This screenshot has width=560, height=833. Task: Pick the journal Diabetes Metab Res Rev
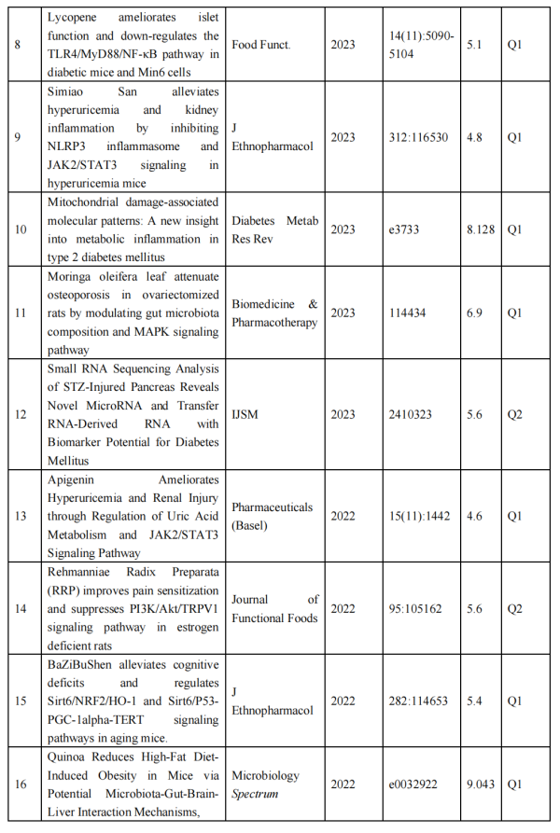(x=274, y=229)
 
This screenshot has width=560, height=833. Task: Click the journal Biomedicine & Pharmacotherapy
(x=274, y=312)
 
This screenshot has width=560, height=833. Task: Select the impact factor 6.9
(x=474, y=312)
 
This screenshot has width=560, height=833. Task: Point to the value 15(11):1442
(x=419, y=515)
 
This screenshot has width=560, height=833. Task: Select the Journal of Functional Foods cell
(x=274, y=608)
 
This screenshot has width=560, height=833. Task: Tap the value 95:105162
(x=415, y=608)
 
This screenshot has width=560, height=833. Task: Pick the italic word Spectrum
(x=255, y=792)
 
